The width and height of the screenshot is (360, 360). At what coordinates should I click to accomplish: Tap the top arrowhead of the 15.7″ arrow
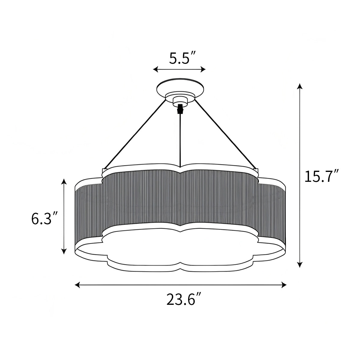point(299,86)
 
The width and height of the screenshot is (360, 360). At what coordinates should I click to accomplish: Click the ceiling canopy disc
point(181,87)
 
